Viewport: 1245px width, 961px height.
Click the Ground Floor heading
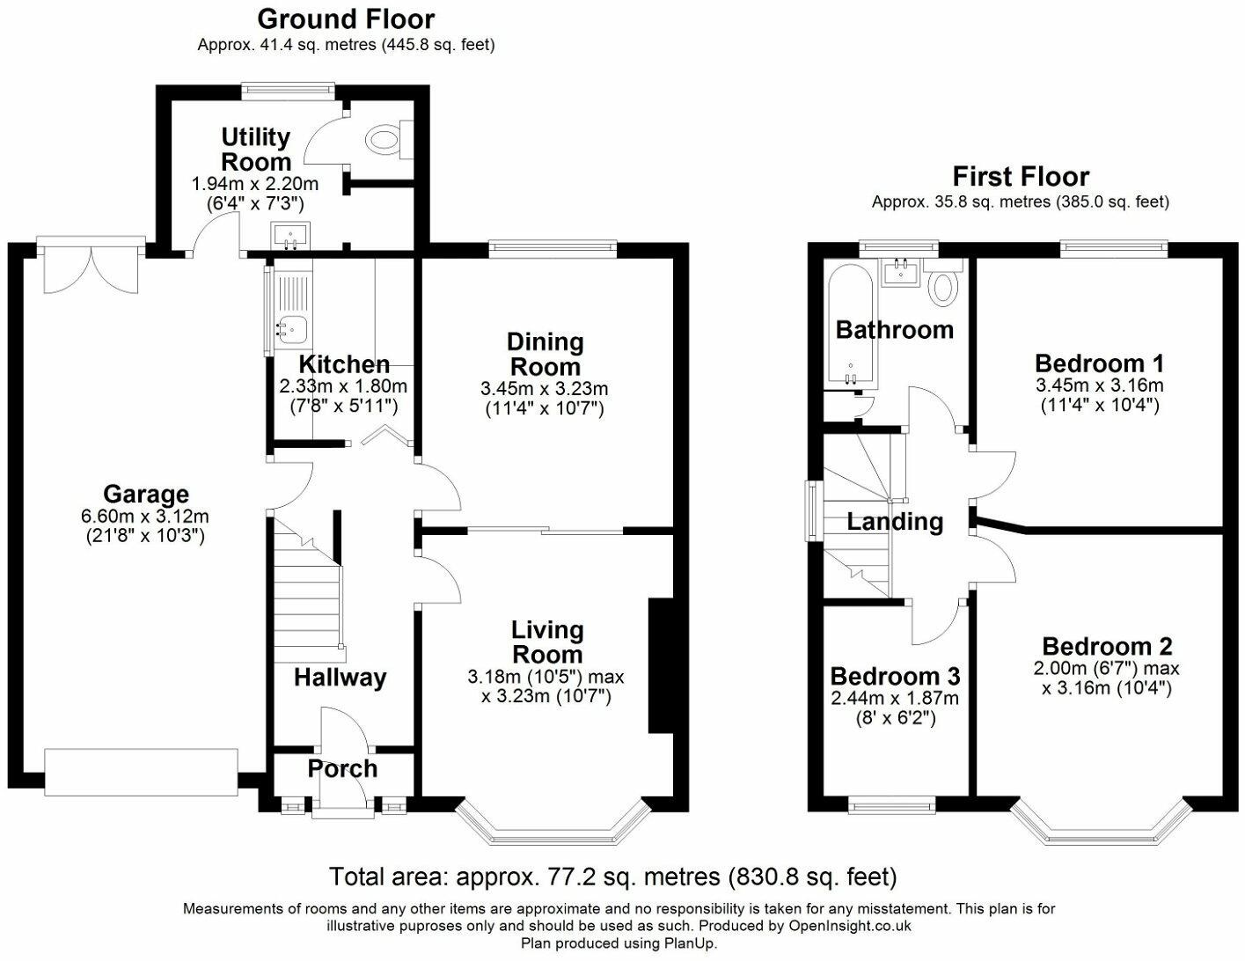[346, 18]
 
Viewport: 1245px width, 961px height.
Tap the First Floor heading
[1021, 177]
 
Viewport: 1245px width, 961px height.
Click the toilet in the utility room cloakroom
[389, 139]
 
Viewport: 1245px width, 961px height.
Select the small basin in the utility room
[291, 236]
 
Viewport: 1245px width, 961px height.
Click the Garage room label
[146, 494]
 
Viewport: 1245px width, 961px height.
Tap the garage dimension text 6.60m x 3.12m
[145, 517]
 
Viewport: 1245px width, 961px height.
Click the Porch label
[342, 769]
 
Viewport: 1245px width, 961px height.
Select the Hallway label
[341, 678]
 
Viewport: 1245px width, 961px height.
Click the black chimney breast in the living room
[660, 666]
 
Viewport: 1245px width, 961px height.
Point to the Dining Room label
[546, 354]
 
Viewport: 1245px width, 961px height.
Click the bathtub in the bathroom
[849, 326]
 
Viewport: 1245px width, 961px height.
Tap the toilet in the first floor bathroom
[942, 282]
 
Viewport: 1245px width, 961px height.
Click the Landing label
[895, 522]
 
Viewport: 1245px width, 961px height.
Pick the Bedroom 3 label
[895, 676]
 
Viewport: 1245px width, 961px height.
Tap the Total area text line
[613, 877]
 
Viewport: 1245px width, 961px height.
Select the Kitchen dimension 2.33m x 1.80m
[343, 386]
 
